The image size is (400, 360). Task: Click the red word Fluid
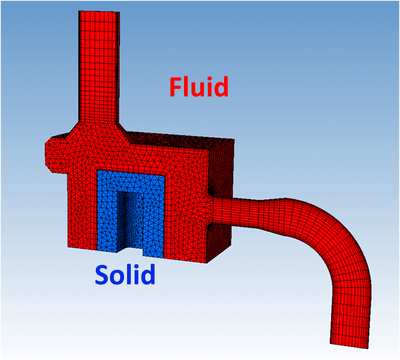point(198,86)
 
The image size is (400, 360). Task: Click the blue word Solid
point(125,274)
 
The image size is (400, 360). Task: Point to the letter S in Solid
point(103,275)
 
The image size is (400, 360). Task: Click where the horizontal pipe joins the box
point(213,212)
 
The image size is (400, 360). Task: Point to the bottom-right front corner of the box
point(207,262)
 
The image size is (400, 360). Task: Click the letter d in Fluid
point(220,86)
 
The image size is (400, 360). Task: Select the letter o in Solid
point(118,275)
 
